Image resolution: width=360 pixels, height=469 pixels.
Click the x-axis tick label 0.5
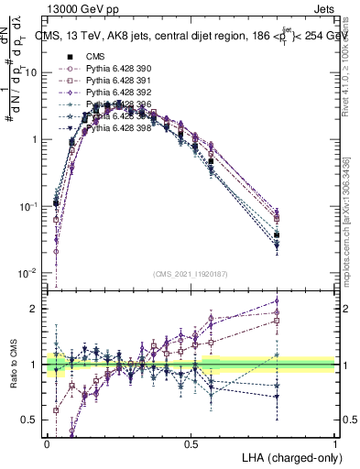191,443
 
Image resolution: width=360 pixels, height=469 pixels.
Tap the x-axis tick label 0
47,443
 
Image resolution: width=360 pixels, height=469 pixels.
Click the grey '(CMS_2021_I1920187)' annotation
191,272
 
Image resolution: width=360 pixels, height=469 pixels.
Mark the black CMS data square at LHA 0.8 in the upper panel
278,235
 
